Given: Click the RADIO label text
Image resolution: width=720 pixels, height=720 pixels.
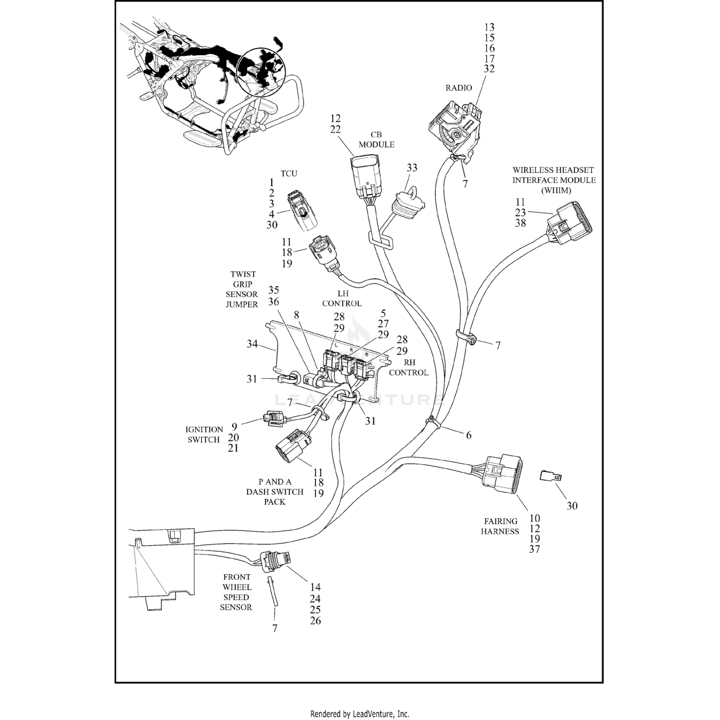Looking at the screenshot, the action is click(458, 88).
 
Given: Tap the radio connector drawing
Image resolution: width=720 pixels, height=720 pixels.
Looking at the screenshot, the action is click(455, 126).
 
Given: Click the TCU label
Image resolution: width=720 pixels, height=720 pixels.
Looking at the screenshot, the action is click(288, 174).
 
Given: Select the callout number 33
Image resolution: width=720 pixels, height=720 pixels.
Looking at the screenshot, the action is click(412, 168).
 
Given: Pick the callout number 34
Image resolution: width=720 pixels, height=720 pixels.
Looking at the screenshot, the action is click(252, 344).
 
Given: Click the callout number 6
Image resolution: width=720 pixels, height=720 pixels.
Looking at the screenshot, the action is click(468, 435).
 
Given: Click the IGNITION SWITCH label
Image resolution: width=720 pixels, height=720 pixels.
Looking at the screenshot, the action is click(204, 434).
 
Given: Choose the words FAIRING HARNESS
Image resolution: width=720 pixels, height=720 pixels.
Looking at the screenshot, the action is click(500, 526).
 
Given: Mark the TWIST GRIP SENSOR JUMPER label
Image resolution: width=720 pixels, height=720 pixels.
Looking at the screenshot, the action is click(242, 289).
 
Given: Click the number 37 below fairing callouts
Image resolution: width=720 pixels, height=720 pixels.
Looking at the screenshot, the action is click(535, 549).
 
